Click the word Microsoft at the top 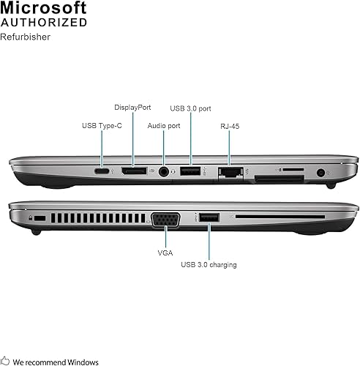click(x=44, y=8)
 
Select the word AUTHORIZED click(x=44, y=23)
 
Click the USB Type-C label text click(x=102, y=126)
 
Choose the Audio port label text click(x=163, y=126)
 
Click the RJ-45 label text click(x=229, y=126)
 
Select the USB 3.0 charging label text click(x=209, y=264)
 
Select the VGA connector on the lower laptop click(x=165, y=219)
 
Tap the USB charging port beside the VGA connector click(x=209, y=217)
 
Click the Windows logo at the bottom click(x=6, y=359)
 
